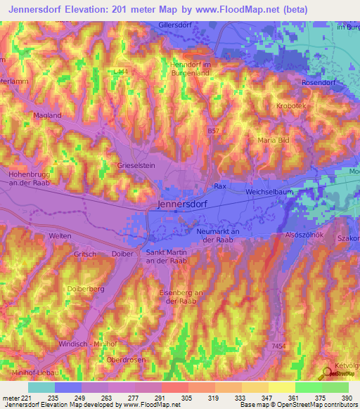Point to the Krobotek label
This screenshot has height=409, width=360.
coord(293,105)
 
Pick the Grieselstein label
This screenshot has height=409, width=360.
coord(136,167)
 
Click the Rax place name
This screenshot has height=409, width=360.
coord(219,186)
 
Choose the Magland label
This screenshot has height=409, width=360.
coord(48,115)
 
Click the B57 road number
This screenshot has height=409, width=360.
coord(214,131)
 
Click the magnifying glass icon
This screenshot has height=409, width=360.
coord(328,372)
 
